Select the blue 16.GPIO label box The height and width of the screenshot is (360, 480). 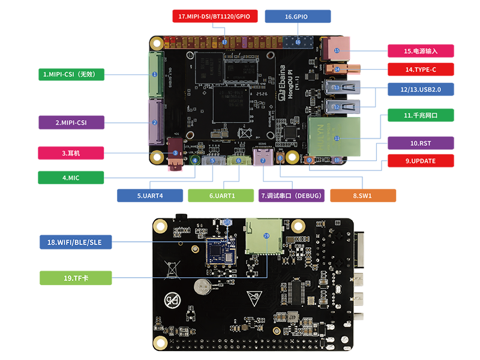coord(297,16)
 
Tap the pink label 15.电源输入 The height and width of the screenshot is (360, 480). coord(420,51)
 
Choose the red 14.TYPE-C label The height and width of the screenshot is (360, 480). coord(420,70)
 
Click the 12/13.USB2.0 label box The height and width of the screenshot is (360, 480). coord(420,89)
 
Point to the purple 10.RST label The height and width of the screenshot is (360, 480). coord(420,143)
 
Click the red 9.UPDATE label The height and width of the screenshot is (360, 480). coord(420,161)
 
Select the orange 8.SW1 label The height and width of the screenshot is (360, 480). coord(363,195)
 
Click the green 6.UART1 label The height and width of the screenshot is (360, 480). coord(221,195)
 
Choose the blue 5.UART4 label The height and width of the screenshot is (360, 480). coord(150,195)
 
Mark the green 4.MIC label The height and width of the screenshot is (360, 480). coord(71,178)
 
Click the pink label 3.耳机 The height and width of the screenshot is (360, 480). coord(71,153)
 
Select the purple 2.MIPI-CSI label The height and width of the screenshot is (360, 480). coord(71,122)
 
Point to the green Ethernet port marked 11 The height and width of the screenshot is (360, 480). coord(336,137)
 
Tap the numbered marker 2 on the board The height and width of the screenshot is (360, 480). coord(154,122)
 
